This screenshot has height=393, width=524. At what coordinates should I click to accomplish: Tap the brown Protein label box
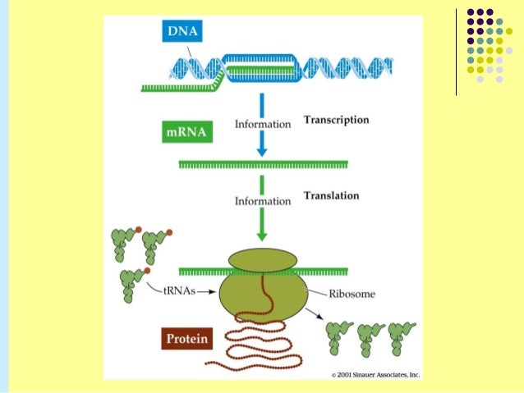[186, 338]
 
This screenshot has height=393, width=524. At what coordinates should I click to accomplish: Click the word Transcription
[336, 120]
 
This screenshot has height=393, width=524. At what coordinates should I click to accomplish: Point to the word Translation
[331, 196]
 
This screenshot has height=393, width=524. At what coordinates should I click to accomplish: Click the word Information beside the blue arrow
[263, 125]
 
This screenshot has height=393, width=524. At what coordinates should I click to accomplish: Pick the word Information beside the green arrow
[263, 200]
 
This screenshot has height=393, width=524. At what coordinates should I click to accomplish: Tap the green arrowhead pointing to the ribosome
[262, 234]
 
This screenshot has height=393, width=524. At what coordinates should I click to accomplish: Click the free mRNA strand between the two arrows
[263, 165]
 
